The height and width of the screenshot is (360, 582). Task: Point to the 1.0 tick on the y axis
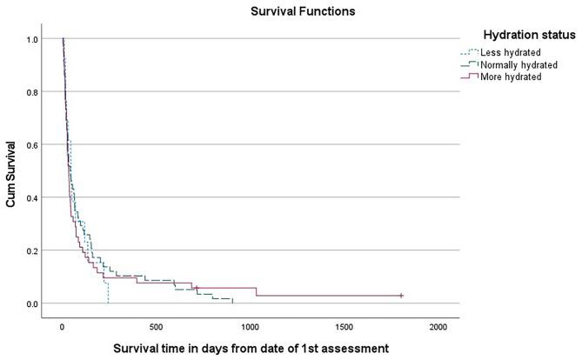click(x=31, y=39)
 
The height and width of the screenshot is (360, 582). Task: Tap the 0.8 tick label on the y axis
click(x=31, y=92)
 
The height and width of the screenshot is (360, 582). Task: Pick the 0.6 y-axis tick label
click(x=31, y=145)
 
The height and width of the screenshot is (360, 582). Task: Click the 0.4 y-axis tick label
click(x=31, y=197)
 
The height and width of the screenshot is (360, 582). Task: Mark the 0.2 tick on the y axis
click(x=31, y=250)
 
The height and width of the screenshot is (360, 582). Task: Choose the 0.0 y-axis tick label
click(x=31, y=303)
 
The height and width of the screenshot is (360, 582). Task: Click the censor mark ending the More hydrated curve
click(x=401, y=296)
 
